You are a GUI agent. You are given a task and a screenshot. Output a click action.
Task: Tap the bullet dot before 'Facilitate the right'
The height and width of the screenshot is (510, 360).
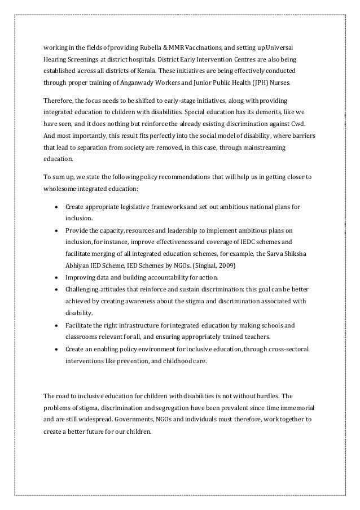click(57, 326)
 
